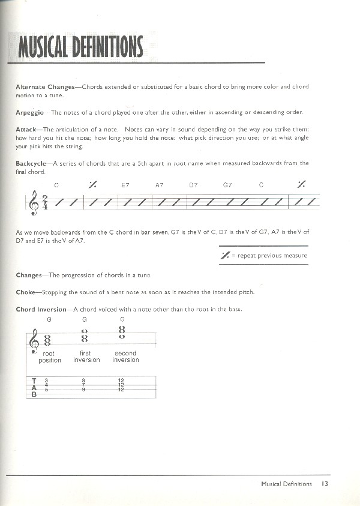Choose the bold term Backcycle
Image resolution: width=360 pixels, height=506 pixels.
tap(31, 163)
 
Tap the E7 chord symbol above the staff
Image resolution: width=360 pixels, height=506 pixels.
tap(125, 185)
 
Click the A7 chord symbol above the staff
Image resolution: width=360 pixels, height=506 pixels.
tap(159, 185)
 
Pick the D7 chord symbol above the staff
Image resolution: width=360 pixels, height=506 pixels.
tap(193, 185)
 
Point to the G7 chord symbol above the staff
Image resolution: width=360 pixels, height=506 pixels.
tap(227, 185)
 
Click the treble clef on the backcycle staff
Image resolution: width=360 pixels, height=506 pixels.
tap(32, 205)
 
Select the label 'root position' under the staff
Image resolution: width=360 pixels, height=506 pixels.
tap(49, 357)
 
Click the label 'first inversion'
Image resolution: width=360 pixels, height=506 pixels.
tap(86, 357)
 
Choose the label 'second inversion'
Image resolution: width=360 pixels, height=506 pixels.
tap(125, 357)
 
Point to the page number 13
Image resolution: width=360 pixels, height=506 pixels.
tap(325, 483)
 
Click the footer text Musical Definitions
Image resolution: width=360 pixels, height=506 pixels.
tap(287, 483)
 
